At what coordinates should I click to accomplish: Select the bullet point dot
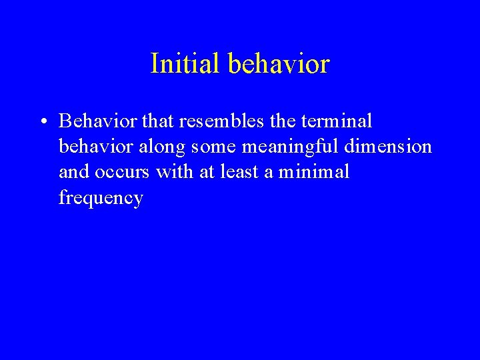coord(42,122)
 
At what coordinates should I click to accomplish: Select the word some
coord(213,147)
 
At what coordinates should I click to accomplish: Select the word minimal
coord(315,171)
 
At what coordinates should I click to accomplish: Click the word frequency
coord(101,199)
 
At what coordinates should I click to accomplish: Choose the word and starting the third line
coord(73,171)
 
